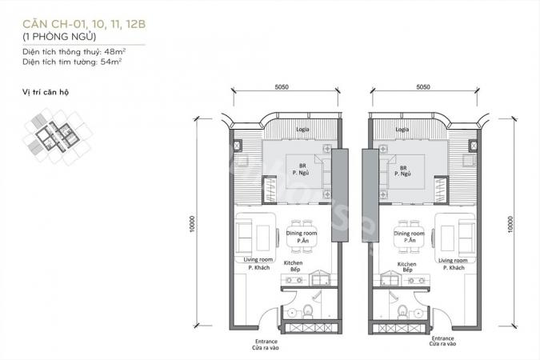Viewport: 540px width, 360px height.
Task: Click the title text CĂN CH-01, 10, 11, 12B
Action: pyautogui.click(x=84, y=24)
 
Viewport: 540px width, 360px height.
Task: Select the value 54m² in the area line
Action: pyautogui.click(x=111, y=62)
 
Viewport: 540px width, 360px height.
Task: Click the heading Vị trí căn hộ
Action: pyautogui.click(x=46, y=92)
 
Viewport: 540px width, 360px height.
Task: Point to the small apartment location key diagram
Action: pyautogui.click(x=57, y=137)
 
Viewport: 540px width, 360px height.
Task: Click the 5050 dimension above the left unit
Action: pyautogui.click(x=282, y=87)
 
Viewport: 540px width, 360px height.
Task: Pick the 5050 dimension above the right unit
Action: pyautogui.click(x=423, y=87)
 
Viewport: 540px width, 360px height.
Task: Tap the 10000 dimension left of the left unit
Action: pyautogui.click(x=192, y=224)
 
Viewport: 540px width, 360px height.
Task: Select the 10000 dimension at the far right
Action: pyautogui.click(x=510, y=224)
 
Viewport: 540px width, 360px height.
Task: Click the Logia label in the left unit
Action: pyautogui.click(x=302, y=130)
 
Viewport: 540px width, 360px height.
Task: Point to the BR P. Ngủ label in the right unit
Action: pyautogui.click(x=403, y=171)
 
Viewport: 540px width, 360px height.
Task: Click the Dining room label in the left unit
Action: pyautogui.click(x=302, y=234)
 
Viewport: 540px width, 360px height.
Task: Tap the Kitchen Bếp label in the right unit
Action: pyautogui.click(x=406, y=267)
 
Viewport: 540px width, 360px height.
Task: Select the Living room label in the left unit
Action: pyautogui.click(x=258, y=260)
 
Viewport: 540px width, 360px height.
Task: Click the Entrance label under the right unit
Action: pyautogui.click(x=442, y=338)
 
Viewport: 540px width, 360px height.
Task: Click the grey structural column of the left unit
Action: pyautogui.click(x=340, y=195)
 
